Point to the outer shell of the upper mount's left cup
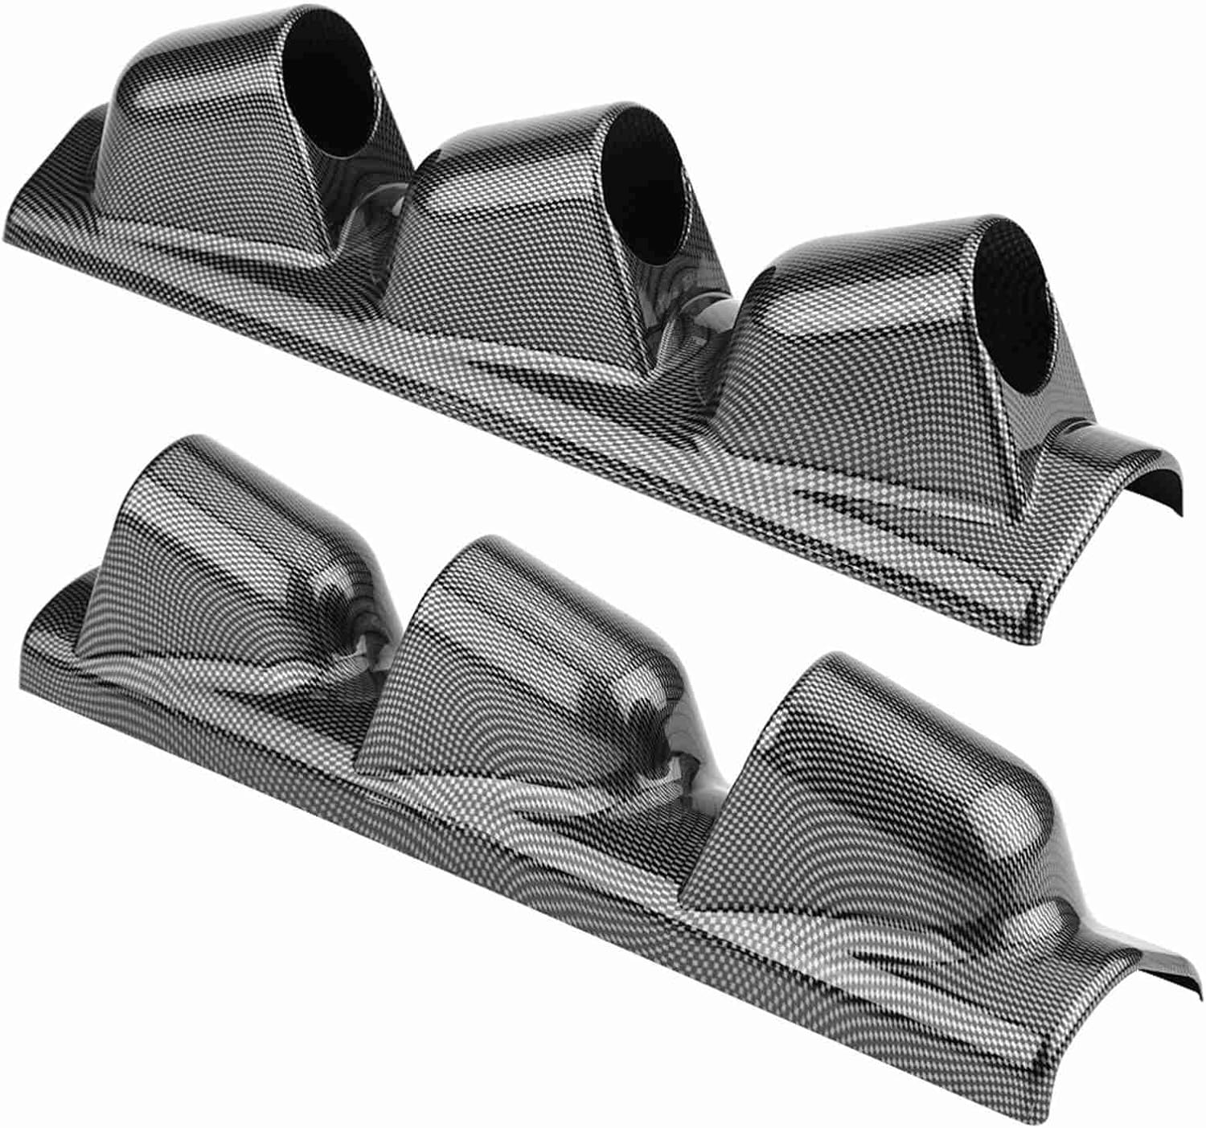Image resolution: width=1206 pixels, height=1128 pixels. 209,153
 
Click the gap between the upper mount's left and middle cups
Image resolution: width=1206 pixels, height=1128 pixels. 378,217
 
